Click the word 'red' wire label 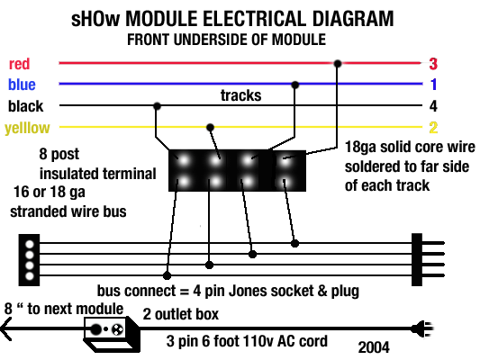(x=21, y=65)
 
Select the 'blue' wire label (x=23, y=85)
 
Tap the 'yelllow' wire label (x=27, y=128)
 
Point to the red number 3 (x=433, y=64)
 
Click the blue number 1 (x=433, y=85)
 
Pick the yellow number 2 (x=433, y=127)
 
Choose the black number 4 (x=433, y=105)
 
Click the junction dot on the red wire (x=338, y=64)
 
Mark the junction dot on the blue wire (x=294, y=85)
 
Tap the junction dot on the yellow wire (x=210, y=127)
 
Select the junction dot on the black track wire (x=158, y=105)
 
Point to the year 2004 (x=375, y=346)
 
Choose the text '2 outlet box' (x=181, y=314)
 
